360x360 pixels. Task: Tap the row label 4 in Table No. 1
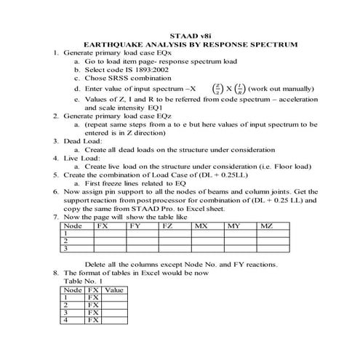(x=66, y=319)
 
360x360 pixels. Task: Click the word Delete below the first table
(x=98, y=263)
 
